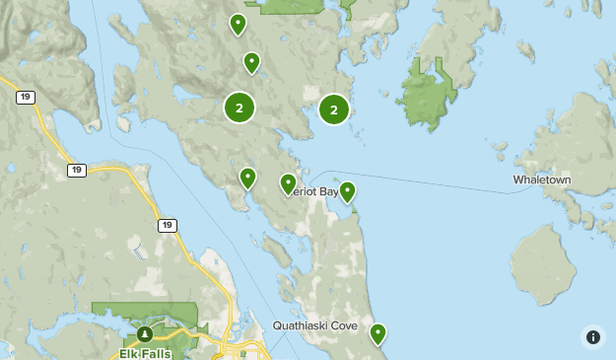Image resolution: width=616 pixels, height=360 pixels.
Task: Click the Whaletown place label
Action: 541,180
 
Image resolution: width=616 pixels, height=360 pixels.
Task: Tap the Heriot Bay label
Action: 313,191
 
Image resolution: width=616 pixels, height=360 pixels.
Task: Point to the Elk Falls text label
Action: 145,353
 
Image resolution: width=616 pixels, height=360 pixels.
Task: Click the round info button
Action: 592,336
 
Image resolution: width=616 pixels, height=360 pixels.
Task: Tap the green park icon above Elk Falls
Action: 145,333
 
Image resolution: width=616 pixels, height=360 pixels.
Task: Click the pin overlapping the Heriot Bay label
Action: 288,183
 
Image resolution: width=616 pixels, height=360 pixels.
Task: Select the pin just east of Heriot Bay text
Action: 347,191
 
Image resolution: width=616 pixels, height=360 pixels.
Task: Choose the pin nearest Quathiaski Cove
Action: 377,333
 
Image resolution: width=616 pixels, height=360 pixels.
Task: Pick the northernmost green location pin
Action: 238,24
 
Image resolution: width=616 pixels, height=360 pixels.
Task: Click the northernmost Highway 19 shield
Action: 26,97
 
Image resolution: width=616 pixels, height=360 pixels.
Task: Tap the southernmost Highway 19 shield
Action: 168,226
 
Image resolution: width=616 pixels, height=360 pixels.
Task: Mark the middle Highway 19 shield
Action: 77,170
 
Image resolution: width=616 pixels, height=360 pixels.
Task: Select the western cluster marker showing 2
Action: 240,107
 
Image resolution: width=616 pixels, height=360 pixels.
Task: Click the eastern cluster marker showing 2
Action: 334,109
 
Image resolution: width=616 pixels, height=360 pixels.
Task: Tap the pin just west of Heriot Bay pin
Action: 247,178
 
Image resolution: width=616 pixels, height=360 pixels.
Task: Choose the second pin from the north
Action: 251,62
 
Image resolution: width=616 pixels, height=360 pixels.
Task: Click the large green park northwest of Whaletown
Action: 429,99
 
